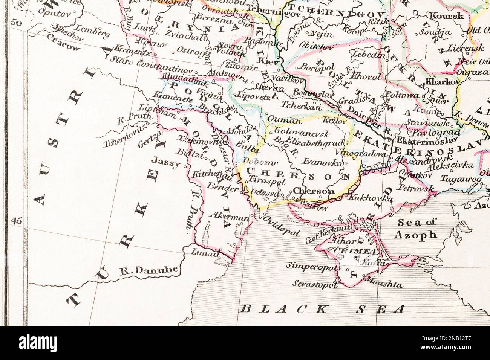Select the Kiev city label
click(x=271, y=61)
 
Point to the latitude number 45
click(x=17, y=221)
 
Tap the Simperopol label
click(x=311, y=266)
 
